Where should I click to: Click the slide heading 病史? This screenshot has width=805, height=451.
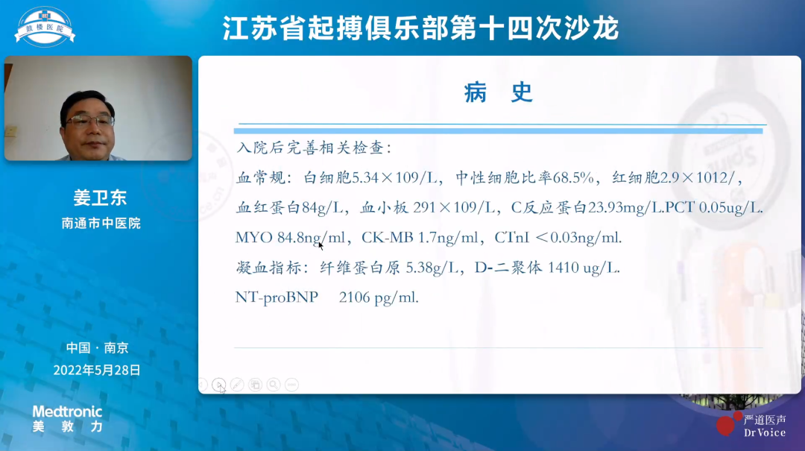[x=499, y=92]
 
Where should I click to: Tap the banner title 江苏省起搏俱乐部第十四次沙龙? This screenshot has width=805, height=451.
[x=421, y=29]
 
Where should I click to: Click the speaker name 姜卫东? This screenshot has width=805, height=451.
[x=100, y=198]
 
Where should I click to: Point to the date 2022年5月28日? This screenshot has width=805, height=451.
[x=97, y=370]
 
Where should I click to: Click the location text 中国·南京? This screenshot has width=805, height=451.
[x=97, y=347]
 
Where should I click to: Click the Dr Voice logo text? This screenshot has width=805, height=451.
[x=764, y=432]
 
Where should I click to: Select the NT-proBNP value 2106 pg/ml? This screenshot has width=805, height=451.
[x=379, y=297]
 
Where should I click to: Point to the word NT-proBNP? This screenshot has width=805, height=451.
[x=277, y=297]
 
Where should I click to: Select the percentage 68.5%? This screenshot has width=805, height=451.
[x=576, y=178]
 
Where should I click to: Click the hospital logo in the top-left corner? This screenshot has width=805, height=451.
[x=45, y=27]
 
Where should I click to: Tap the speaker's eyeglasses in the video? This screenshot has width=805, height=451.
[x=90, y=120]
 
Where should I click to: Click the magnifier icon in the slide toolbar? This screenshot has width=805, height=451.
[x=274, y=385]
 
